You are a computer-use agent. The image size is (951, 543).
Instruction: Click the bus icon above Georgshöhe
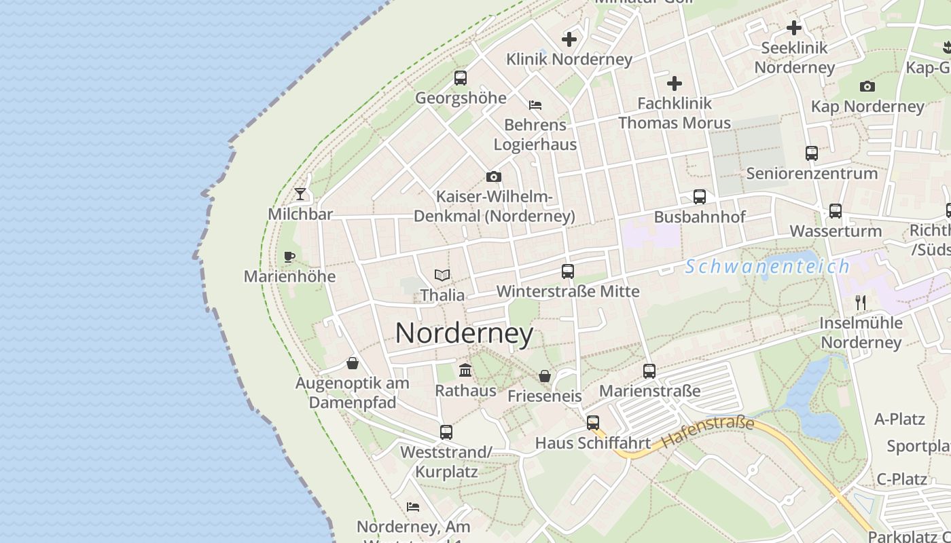(x=461, y=78)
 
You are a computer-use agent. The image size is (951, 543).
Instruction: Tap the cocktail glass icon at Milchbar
(x=300, y=194)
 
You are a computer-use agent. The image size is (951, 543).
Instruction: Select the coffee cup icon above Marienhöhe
(x=289, y=257)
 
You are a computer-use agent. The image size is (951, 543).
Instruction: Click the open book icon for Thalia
(x=442, y=275)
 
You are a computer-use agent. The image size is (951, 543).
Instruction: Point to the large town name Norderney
(x=465, y=333)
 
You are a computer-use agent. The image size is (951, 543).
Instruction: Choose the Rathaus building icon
(x=465, y=371)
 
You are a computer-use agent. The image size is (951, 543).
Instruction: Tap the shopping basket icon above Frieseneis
(x=545, y=376)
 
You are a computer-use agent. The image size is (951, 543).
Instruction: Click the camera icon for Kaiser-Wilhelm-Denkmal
(x=494, y=177)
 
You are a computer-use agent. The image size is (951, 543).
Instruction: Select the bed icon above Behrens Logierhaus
(x=535, y=105)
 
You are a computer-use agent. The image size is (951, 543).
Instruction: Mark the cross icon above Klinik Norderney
(x=569, y=39)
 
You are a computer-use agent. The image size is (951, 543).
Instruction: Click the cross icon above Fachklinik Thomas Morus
(x=675, y=83)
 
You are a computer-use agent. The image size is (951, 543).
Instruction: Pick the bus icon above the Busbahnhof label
(x=700, y=197)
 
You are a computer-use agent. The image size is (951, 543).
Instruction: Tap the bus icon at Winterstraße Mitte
(x=568, y=271)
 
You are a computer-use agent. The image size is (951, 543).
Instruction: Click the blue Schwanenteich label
(x=767, y=267)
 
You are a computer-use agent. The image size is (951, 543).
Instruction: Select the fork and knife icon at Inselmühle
(x=861, y=302)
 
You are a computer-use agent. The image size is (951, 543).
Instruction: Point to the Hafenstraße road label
(x=707, y=432)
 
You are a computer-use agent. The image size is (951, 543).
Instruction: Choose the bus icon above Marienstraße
(x=649, y=371)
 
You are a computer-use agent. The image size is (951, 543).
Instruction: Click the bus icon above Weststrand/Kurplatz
(x=446, y=432)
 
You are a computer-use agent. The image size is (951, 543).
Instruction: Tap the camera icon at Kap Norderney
(x=867, y=87)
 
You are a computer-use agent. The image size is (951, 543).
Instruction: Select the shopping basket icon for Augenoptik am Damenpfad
(x=353, y=363)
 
